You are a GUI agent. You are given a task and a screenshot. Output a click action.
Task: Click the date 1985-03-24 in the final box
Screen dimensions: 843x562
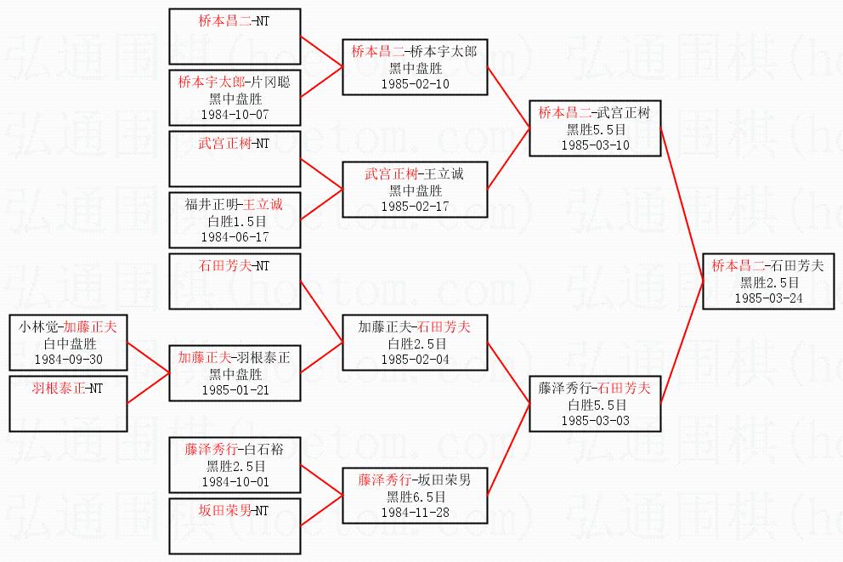768,298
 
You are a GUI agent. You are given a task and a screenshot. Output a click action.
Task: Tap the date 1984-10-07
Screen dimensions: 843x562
235,115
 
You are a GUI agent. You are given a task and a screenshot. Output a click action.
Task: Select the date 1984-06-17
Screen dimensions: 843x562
235,237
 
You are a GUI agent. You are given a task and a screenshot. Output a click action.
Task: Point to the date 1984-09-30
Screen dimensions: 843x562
68,360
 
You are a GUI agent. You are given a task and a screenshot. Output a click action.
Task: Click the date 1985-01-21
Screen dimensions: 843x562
235,390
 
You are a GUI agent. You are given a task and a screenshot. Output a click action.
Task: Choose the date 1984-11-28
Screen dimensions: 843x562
415,513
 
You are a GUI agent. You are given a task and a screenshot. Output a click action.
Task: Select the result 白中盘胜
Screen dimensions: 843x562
70,343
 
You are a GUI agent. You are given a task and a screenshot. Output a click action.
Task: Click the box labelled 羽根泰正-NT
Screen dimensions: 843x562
68,403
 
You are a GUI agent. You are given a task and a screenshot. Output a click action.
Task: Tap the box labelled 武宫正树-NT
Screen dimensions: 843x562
235,159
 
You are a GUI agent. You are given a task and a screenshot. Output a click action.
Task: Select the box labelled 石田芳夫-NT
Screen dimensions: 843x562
235,281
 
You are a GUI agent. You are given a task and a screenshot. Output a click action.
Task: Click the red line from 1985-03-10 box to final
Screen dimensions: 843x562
682,204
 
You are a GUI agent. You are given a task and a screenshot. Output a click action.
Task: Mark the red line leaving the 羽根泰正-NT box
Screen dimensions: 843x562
149,388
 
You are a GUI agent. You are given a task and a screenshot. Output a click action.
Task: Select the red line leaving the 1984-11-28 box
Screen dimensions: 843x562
508,448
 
